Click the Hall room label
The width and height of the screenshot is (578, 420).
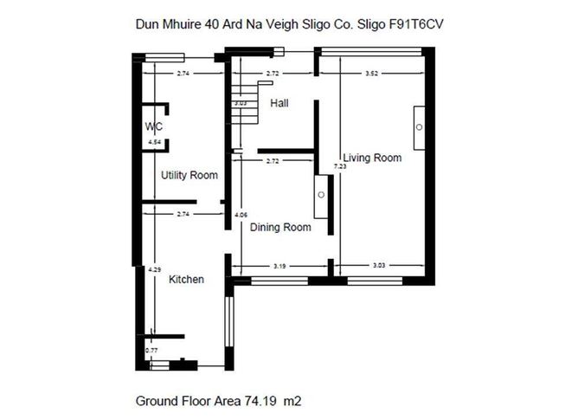coord(279,103)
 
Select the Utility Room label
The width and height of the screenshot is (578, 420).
coord(189,175)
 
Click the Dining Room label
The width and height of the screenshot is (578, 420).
coord(279,228)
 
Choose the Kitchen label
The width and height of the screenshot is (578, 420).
coord(186,280)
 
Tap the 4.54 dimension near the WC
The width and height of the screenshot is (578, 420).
coord(154,141)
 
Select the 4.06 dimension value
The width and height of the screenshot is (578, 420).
coord(241,213)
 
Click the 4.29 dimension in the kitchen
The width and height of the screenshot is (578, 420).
coord(154,270)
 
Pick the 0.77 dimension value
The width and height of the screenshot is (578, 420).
coord(151,350)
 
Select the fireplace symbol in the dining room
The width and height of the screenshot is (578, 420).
coord(320,195)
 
